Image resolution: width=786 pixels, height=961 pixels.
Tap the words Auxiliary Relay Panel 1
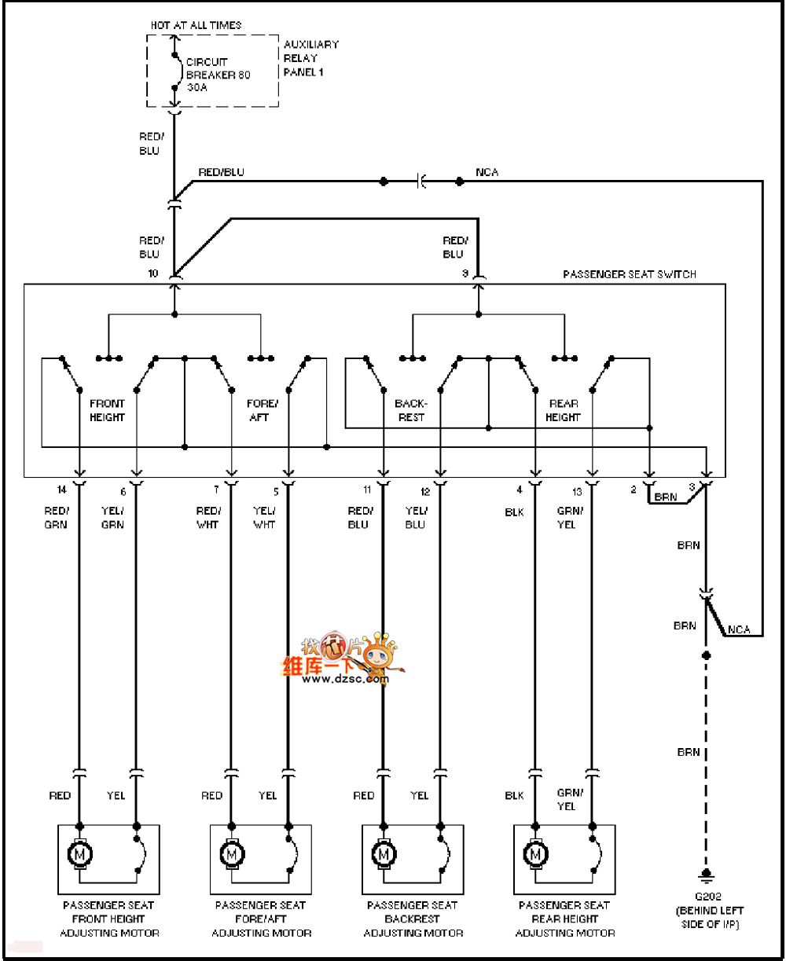[x=310, y=58]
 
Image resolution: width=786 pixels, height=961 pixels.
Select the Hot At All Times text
[x=196, y=25]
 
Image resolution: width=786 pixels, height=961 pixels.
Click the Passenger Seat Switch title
[x=630, y=274]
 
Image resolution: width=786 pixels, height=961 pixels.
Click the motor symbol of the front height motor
[x=79, y=853]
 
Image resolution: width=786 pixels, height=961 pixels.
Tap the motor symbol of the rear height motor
[x=535, y=853]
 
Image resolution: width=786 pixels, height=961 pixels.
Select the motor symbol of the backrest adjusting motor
[x=384, y=853]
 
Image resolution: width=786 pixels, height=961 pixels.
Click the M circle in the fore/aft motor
[x=232, y=853]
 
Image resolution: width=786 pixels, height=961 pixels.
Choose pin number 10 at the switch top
[x=152, y=273]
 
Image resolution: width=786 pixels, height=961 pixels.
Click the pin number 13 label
[x=578, y=492]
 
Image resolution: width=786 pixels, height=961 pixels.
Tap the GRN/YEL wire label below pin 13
[x=567, y=518]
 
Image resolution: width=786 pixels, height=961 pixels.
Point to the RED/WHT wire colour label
[x=208, y=518]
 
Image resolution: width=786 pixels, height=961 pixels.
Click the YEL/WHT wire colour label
[x=264, y=518]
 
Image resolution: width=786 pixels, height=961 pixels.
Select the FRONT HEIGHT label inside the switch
[x=107, y=410]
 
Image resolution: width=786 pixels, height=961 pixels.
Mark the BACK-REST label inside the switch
[x=411, y=410]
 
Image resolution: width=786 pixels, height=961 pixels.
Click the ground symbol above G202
[x=707, y=875]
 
